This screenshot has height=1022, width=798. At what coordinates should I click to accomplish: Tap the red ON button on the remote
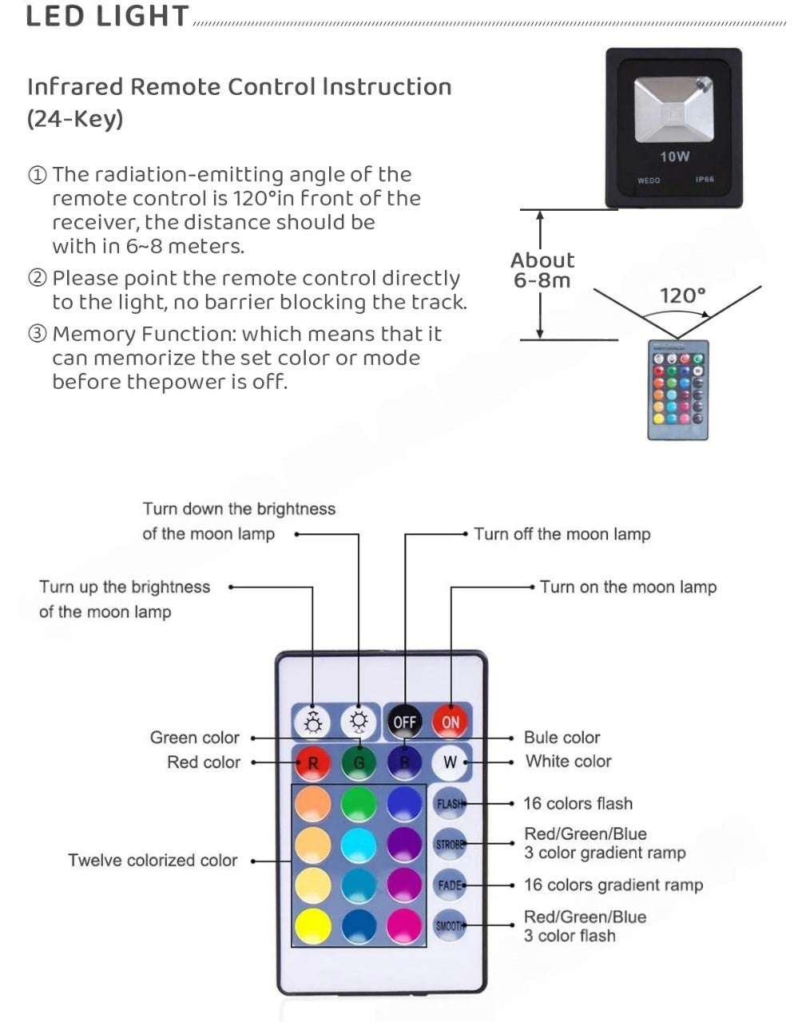(x=451, y=722)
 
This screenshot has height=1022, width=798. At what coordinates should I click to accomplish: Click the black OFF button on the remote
(x=405, y=722)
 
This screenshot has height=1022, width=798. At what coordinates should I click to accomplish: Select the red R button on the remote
(x=312, y=763)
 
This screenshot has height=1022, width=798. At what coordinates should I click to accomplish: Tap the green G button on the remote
(x=359, y=763)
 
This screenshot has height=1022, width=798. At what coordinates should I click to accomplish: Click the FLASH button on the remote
(x=450, y=803)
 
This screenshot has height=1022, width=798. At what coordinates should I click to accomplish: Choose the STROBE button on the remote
(x=450, y=844)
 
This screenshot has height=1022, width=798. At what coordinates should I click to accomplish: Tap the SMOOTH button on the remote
(x=450, y=925)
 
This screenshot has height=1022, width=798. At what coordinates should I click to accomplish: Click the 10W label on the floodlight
(x=674, y=156)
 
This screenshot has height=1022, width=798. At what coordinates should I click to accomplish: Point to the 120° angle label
(x=682, y=295)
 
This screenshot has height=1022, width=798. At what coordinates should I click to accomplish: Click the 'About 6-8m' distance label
(x=542, y=270)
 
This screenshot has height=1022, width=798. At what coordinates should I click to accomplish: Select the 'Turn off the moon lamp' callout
(x=562, y=534)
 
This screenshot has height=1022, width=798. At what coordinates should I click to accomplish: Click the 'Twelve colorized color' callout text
(x=153, y=860)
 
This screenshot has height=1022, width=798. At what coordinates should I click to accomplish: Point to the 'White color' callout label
(x=568, y=761)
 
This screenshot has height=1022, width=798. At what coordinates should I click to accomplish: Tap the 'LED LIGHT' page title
(x=108, y=16)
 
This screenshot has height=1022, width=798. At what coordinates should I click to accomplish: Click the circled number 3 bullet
(x=38, y=334)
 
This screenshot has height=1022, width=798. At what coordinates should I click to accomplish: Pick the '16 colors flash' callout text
(x=578, y=803)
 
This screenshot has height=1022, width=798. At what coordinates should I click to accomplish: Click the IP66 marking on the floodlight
(x=705, y=180)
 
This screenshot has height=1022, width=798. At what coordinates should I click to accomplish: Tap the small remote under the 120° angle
(x=678, y=390)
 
